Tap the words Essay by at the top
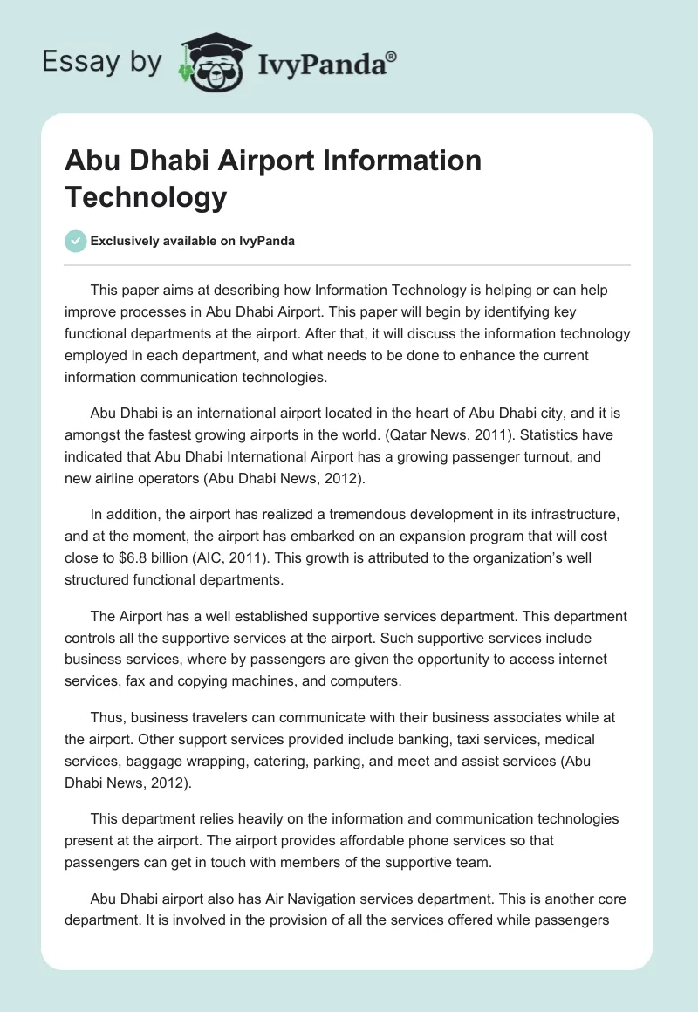tap(102, 62)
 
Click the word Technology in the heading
tap(146, 197)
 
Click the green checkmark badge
tap(77, 241)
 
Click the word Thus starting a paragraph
tap(107, 717)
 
